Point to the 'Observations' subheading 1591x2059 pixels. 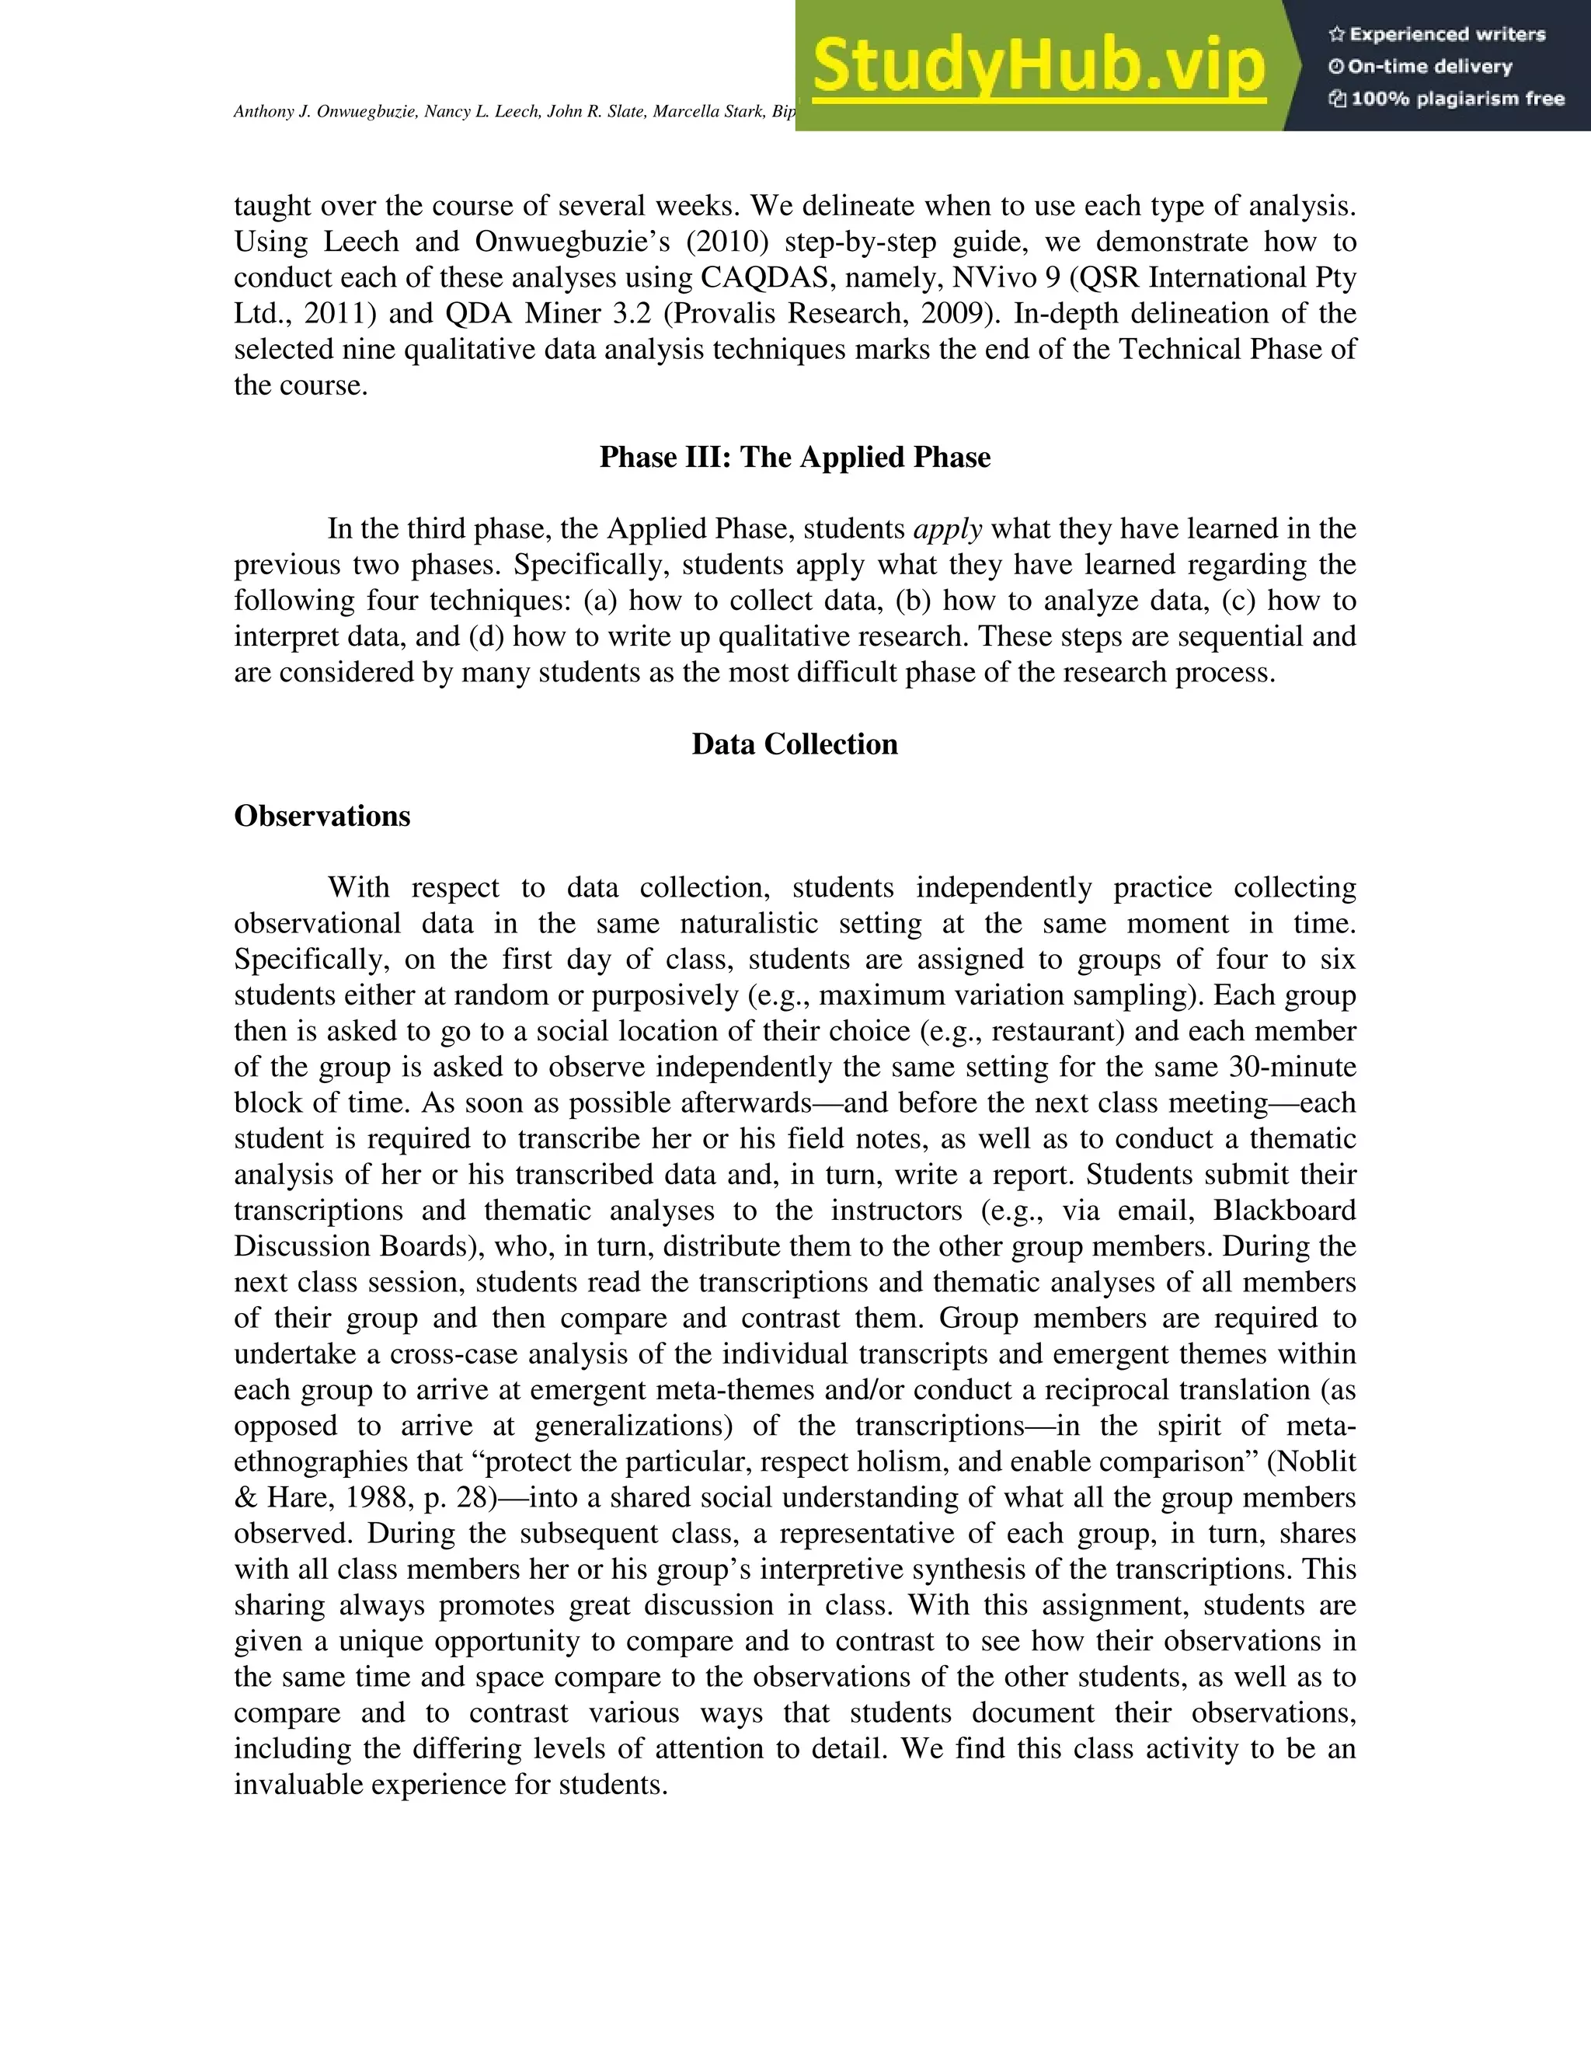click(x=322, y=816)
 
